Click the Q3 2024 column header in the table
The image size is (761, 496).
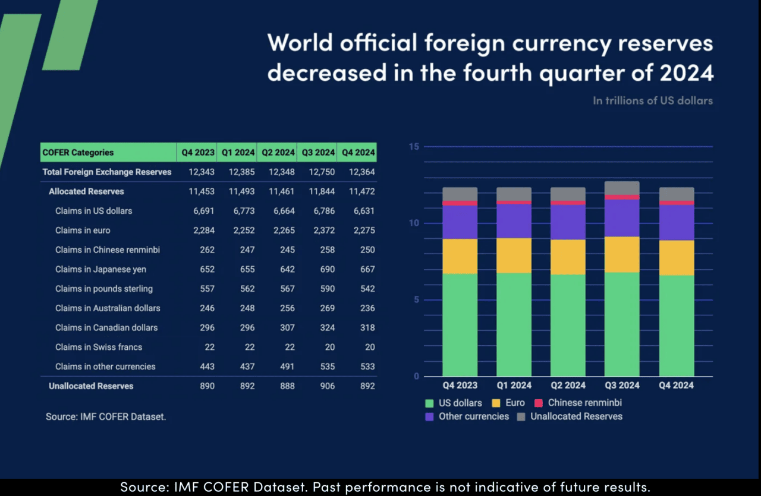pos(316,153)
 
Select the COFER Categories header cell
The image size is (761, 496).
pos(78,153)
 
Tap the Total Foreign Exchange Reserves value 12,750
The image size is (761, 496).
pos(323,172)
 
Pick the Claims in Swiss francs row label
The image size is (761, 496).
pos(99,347)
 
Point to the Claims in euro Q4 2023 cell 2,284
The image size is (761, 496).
pos(202,230)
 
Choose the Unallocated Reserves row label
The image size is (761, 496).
pos(91,386)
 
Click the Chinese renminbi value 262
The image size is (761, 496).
pos(207,250)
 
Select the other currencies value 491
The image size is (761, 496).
pos(287,367)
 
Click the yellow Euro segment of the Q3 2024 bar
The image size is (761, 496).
pos(622,254)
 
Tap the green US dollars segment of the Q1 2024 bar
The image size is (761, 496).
pos(514,324)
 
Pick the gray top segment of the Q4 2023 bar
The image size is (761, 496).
pos(460,194)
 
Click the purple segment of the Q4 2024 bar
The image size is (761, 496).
pos(676,222)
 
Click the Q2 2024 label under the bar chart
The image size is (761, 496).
pos(568,386)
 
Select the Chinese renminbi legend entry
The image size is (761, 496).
pos(584,403)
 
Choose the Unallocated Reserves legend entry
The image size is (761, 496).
pos(576,416)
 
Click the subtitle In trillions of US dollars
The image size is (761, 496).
pos(652,101)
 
